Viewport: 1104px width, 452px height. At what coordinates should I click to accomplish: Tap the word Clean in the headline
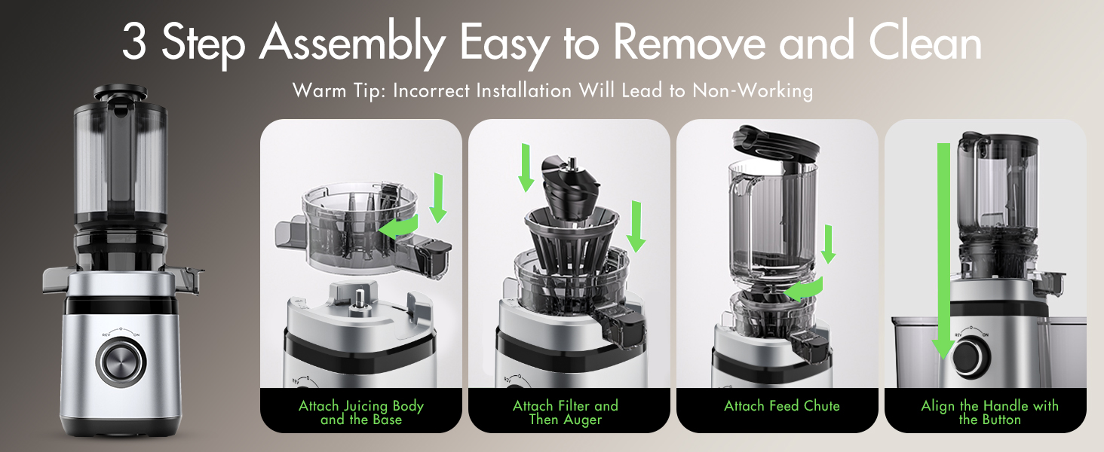tap(925, 42)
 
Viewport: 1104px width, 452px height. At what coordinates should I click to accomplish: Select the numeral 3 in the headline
tap(133, 44)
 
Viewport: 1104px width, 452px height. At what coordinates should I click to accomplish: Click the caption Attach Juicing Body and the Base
tap(361, 412)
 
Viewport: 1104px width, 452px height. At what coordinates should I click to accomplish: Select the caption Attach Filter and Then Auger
tap(566, 412)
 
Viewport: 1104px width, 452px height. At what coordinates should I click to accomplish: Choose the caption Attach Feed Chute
tap(781, 406)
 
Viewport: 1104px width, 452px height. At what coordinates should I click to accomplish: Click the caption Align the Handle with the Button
tap(989, 412)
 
